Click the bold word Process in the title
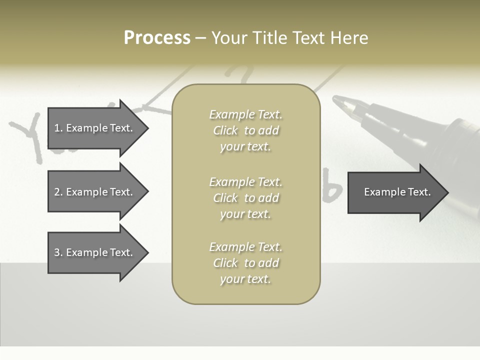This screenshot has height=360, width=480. coord(157,38)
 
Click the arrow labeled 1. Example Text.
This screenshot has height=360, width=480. coord(95,128)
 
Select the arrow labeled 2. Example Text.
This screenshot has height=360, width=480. coord(95,192)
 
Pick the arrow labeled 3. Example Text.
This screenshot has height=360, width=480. coord(95,252)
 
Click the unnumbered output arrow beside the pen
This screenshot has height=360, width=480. coord(395,192)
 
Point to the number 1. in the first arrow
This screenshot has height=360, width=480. coord(58,128)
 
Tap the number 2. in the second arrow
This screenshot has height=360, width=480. coord(58,192)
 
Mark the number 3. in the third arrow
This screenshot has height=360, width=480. coord(58,252)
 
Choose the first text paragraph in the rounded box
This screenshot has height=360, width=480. coord(245,130)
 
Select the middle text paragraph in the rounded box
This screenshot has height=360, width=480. coord(245,197)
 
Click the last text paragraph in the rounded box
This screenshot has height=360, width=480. coord(245,263)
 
